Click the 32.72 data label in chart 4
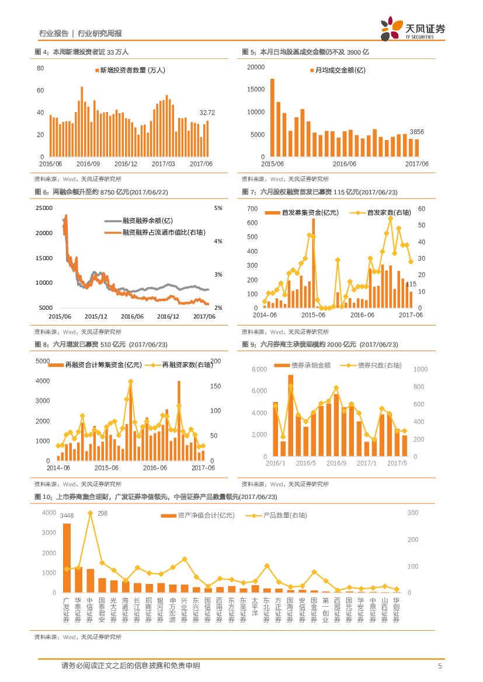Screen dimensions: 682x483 click(207, 112)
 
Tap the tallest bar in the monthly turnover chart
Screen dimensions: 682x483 click(272, 117)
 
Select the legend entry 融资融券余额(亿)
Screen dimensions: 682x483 click(148, 221)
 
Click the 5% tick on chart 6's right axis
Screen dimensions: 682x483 click(218, 208)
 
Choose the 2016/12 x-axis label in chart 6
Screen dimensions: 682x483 click(169, 316)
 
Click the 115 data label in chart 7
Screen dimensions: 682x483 click(411, 284)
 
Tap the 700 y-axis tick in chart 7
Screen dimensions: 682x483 click(252, 208)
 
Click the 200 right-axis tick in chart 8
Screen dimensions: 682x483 click(215, 362)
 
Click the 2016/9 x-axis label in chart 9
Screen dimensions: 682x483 click(336, 463)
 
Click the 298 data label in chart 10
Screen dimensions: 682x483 click(102, 513)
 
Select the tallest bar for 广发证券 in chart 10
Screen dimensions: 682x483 click(67, 557)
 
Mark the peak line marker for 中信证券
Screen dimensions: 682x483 click(90, 513)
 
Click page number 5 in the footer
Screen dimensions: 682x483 click(440, 666)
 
